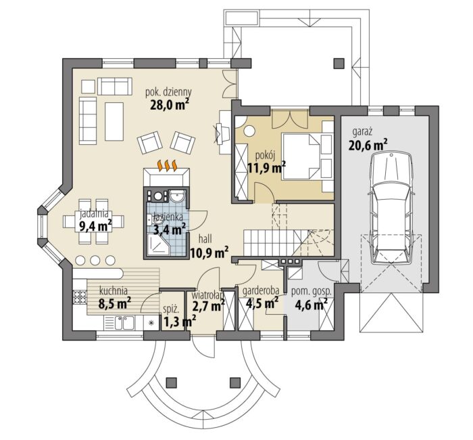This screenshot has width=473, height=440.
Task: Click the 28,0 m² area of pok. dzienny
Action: coord(170,105)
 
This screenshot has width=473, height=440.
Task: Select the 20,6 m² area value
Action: coord(368,145)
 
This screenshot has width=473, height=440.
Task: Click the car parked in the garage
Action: coord(391,208)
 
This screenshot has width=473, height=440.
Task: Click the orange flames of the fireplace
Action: coord(167,165)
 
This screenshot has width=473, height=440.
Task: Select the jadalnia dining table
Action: coord(94,221)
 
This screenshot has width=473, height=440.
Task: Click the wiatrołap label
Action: coord(208,294)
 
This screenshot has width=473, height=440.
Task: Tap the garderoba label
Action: coord(261,290)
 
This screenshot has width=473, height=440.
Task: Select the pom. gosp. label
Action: coord(312,292)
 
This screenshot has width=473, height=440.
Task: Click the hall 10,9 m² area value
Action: coord(209,251)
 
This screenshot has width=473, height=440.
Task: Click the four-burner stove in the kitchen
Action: coord(80,296)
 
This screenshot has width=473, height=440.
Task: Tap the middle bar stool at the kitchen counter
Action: coord(95,260)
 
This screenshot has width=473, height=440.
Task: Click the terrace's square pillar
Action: coord(339,63)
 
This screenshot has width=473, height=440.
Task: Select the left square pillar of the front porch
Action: coord(172,382)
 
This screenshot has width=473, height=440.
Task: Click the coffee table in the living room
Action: coord(114,121)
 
